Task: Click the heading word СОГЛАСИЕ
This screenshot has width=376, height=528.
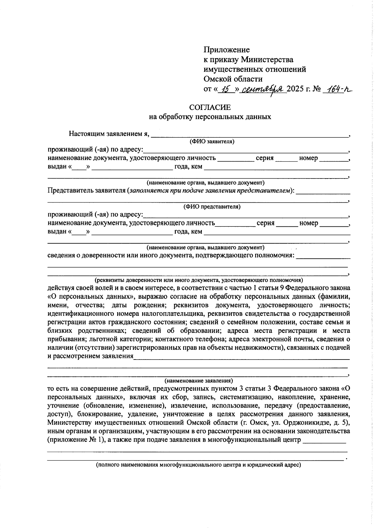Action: [x=210, y=107]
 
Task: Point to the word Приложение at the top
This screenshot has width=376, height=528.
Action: [x=227, y=50]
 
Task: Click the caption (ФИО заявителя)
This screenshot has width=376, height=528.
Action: [x=212, y=142]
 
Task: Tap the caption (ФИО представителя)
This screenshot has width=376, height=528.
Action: [x=212, y=207]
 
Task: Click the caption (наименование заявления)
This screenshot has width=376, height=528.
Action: [x=199, y=381]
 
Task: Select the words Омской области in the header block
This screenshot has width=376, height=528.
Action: [x=233, y=79]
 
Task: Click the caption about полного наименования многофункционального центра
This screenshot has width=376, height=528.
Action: [x=198, y=465]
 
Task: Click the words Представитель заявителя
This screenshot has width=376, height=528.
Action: [x=86, y=190]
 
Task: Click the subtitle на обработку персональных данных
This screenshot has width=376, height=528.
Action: [x=210, y=117]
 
